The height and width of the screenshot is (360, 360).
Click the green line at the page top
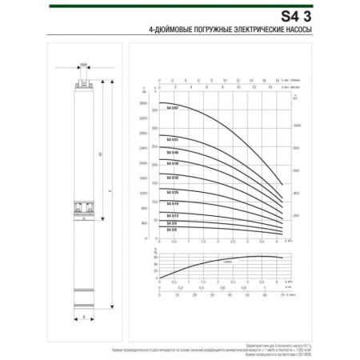tap(180, 2)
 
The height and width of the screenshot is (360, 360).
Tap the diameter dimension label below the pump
tap(85, 318)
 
